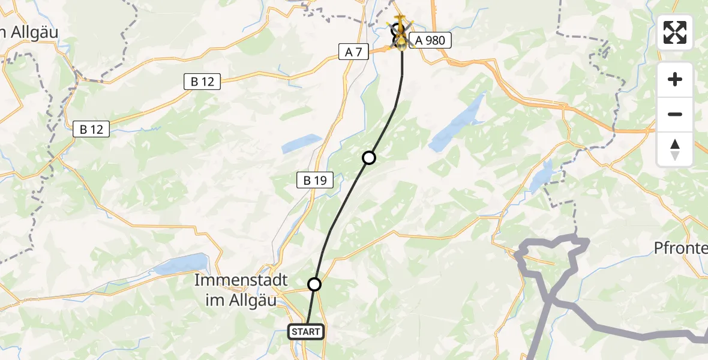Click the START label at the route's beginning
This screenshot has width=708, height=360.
pyautogui.click(x=306, y=331)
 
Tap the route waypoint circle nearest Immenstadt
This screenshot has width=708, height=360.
pyautogui.click(x=314, y=284)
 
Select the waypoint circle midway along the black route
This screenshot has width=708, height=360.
pyautogui.click(x=369, y=158)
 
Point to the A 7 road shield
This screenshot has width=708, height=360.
pyautogui.click(x=354, y=52)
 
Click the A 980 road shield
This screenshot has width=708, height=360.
pyautogui.click(x=427, y=40)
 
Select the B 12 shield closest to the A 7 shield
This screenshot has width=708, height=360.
pyautogui.click(x=203, y=82)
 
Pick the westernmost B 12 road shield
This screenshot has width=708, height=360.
pyautogui.click(x=91, y=129)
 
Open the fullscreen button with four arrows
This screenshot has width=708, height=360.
pyautogui.click(x=675, y=32)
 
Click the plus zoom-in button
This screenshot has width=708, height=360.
pyautogui.click(x=675, y=79)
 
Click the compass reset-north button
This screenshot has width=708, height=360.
pyautogui.click(x=675, y=149)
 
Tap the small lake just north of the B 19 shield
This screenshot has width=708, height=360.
pyautogui.click(x=302, y=143)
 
